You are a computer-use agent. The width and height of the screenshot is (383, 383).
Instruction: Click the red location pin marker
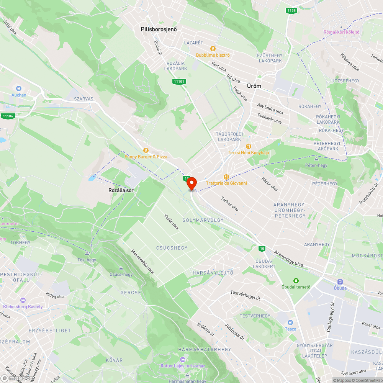tap(191, 184)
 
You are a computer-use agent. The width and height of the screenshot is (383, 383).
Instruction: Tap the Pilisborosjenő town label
tap(159, 29)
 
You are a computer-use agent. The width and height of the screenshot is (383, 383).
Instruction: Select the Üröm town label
tap(254, 86)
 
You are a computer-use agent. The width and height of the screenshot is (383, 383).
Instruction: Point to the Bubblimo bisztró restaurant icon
tap(213, 49)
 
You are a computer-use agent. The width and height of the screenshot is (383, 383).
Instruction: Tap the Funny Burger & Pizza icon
tap(146, 151)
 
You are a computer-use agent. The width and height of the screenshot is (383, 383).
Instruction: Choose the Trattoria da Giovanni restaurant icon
tap(226, 177)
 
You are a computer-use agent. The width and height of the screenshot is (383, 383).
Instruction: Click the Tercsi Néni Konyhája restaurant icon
tap(248, 146)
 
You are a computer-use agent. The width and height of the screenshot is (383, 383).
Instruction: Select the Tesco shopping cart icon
tap(290, 322)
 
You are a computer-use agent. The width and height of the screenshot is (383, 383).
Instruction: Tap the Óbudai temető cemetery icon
tap(296, 281)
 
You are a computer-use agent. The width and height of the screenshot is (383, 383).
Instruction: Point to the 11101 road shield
tap(179, 81)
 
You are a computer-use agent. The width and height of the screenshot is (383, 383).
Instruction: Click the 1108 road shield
tap(291, 10)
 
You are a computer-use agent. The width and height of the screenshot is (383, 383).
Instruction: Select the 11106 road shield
tap(8, 116)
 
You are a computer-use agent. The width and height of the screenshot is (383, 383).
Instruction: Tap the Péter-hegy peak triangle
tap(316, 159)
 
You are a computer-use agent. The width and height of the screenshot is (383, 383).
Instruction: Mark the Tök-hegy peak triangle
tap(87, 253)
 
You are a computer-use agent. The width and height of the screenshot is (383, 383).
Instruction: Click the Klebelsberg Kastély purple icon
tap(23, 300)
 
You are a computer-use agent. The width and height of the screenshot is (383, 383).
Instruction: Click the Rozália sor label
tap(121, 190)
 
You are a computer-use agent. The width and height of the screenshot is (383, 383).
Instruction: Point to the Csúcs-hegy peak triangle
tap(121, 268)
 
